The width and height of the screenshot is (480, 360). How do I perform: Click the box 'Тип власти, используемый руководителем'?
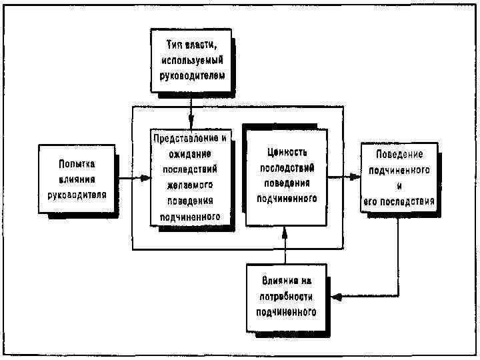(x=191, y=60)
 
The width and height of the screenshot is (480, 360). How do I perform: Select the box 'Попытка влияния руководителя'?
(x=77, y=179)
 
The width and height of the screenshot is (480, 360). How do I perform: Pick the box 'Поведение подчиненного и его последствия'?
(x=399, y=177)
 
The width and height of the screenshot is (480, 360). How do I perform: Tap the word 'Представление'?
(x=186, y=138)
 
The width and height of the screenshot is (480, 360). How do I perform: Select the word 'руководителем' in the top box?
(x=191, y=75)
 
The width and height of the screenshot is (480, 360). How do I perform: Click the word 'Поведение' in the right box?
(x=399, y=154)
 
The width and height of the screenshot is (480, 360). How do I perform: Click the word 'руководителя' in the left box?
(x=77, y=195)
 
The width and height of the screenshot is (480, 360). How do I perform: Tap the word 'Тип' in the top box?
(x=175, y=44)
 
